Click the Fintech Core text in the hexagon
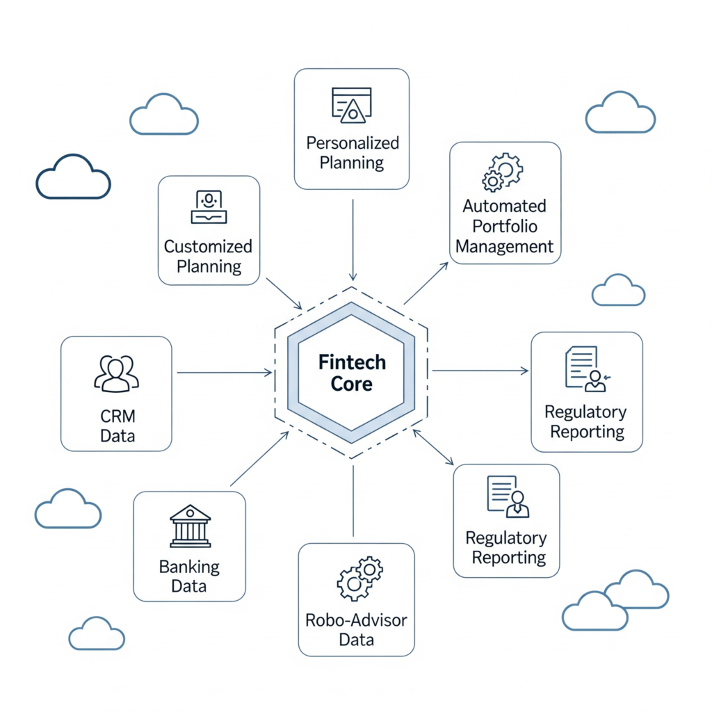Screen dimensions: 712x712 coord(351,373)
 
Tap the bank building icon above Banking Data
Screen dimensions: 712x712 coord(190,526)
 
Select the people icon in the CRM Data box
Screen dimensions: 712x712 coord(116,374)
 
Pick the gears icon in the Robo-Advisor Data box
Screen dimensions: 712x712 coord(359,578)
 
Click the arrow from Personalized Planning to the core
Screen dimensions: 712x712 coord(353,240)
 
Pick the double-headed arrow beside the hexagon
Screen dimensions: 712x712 coord(433,447)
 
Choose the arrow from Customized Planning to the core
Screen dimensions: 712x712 coord(284,293)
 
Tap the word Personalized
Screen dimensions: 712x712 coord(353,143)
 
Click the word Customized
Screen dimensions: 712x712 coord(208,246)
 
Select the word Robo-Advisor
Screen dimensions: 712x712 coord(356,620)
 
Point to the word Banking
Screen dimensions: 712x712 coord(189,567)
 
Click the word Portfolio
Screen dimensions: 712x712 coord(504,226)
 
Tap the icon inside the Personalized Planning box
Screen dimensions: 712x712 coord(352,104)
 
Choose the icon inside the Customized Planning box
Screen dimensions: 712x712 coord(209,207)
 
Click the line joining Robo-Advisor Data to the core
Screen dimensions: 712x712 coord(353,501)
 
